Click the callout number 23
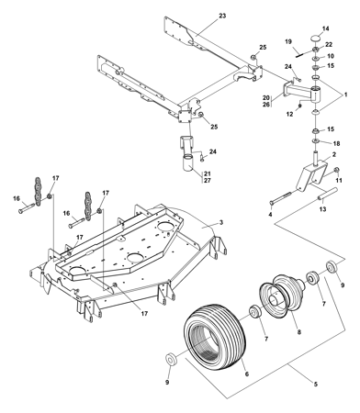222,16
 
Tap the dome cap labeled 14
316,39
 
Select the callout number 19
288,41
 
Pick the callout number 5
316,384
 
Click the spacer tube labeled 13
327,195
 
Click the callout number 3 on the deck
221,222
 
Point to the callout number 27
208,181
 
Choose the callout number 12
289,114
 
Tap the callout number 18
336,143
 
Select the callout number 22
329,45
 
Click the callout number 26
266,105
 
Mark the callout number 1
345,95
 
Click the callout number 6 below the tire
247,374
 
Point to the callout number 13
322,209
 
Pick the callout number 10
331,56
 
